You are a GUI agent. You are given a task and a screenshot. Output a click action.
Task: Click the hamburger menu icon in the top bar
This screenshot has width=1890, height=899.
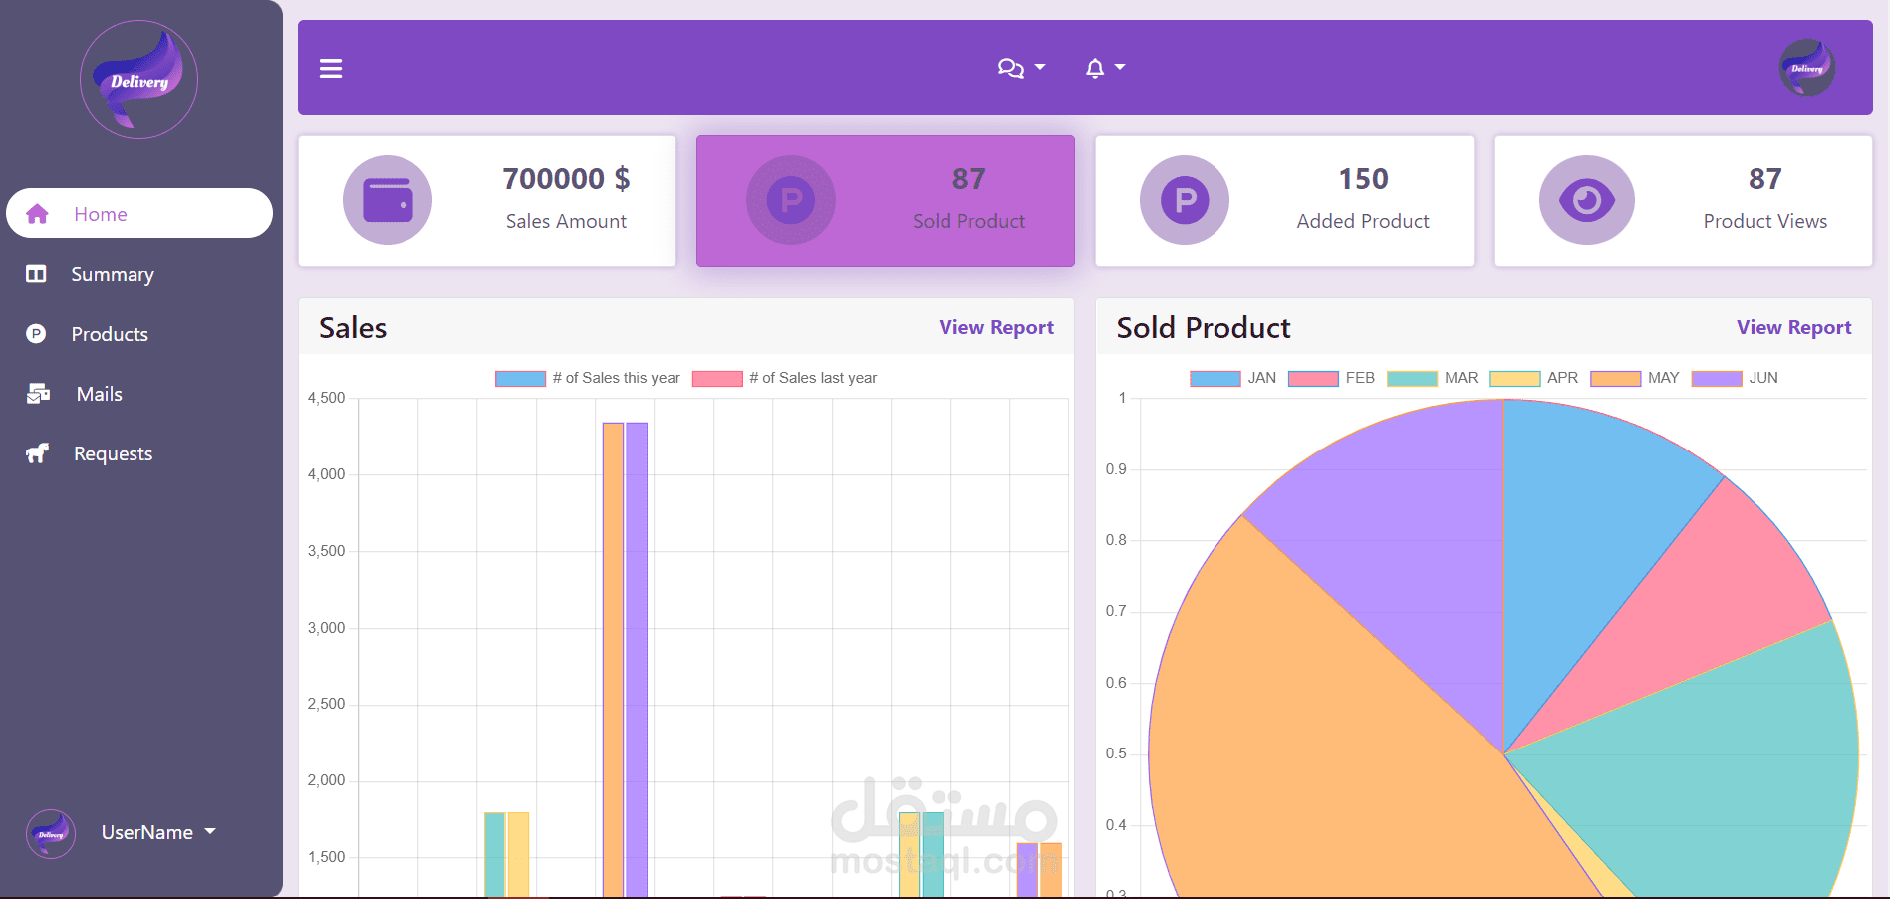pos(331,68)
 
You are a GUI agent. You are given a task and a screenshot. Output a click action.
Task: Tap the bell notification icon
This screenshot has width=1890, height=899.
pos(1095,68)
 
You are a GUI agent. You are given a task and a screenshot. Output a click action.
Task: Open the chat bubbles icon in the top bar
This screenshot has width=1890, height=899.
pos(1010,68)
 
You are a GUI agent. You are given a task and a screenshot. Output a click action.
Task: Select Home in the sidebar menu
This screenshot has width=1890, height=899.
pos(100,214)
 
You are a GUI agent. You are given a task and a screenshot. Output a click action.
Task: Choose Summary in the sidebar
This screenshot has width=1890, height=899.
pos(112,274)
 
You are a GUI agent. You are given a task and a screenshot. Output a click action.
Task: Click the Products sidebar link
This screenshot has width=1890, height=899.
pos(109,334)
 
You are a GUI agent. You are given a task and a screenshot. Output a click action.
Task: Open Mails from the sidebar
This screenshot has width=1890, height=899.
pos(99,394)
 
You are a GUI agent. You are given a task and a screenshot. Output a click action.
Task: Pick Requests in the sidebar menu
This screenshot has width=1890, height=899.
pos(113,453)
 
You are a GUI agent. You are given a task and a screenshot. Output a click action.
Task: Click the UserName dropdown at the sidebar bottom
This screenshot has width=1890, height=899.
pos(157,832)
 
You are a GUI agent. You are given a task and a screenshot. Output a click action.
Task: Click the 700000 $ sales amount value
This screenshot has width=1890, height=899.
pos(566,179)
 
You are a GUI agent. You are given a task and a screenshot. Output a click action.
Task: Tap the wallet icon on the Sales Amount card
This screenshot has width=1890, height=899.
pos(388,200)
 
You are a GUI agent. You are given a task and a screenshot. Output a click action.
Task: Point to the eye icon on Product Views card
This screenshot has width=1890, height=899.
pos(1586,200)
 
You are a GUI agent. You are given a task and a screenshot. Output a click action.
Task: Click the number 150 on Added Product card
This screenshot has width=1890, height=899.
pos(1363,179)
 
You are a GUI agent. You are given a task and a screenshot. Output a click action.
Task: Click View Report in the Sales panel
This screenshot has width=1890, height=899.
pos(995,327)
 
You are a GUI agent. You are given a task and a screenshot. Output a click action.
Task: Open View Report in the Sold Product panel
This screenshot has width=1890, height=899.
pos(1793,327)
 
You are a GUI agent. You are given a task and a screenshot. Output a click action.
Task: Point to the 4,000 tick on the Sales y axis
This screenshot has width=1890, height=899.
pos(327,474)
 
